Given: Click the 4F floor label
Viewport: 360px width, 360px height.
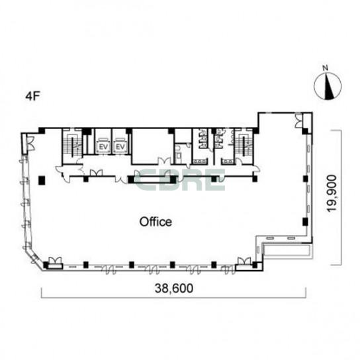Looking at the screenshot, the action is click(x=33, y=97).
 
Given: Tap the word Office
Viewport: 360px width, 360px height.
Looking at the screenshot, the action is click(x=156, y=222).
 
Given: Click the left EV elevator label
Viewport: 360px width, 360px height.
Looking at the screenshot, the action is click(x=103, y=147).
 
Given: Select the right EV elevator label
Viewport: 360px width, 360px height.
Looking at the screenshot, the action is click(x=120, y=147).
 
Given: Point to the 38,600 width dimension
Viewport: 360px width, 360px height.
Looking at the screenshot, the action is click(x=174, y=289).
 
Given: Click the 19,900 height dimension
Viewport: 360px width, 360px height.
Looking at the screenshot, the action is click(x=332, y=193).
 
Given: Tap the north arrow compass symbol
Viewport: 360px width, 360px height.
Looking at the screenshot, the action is click(x=328, y=87).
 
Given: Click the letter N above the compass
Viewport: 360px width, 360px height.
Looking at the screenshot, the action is click(x=325, y=67).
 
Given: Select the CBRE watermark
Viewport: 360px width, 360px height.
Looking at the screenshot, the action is click(x=179, y=179).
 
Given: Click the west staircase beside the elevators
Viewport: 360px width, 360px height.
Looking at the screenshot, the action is click(x=72, y=146).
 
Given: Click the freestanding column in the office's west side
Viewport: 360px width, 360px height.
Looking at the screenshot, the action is click(x=42, y=180).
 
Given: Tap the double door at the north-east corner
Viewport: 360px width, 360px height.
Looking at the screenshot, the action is click(x=298, y=120).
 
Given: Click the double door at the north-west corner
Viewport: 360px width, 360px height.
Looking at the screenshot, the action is click(x=30, y=143).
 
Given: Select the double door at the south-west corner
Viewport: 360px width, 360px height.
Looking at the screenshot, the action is click(x=56, y=261).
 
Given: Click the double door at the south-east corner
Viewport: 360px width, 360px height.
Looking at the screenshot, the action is click(x=244, y=261).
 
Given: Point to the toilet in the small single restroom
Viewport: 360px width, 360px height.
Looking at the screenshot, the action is click(x=179, y=156).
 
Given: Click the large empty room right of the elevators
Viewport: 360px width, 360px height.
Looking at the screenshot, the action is click(x=152, y=146).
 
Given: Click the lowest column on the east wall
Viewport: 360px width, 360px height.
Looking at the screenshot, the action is click(x=305, y=222).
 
